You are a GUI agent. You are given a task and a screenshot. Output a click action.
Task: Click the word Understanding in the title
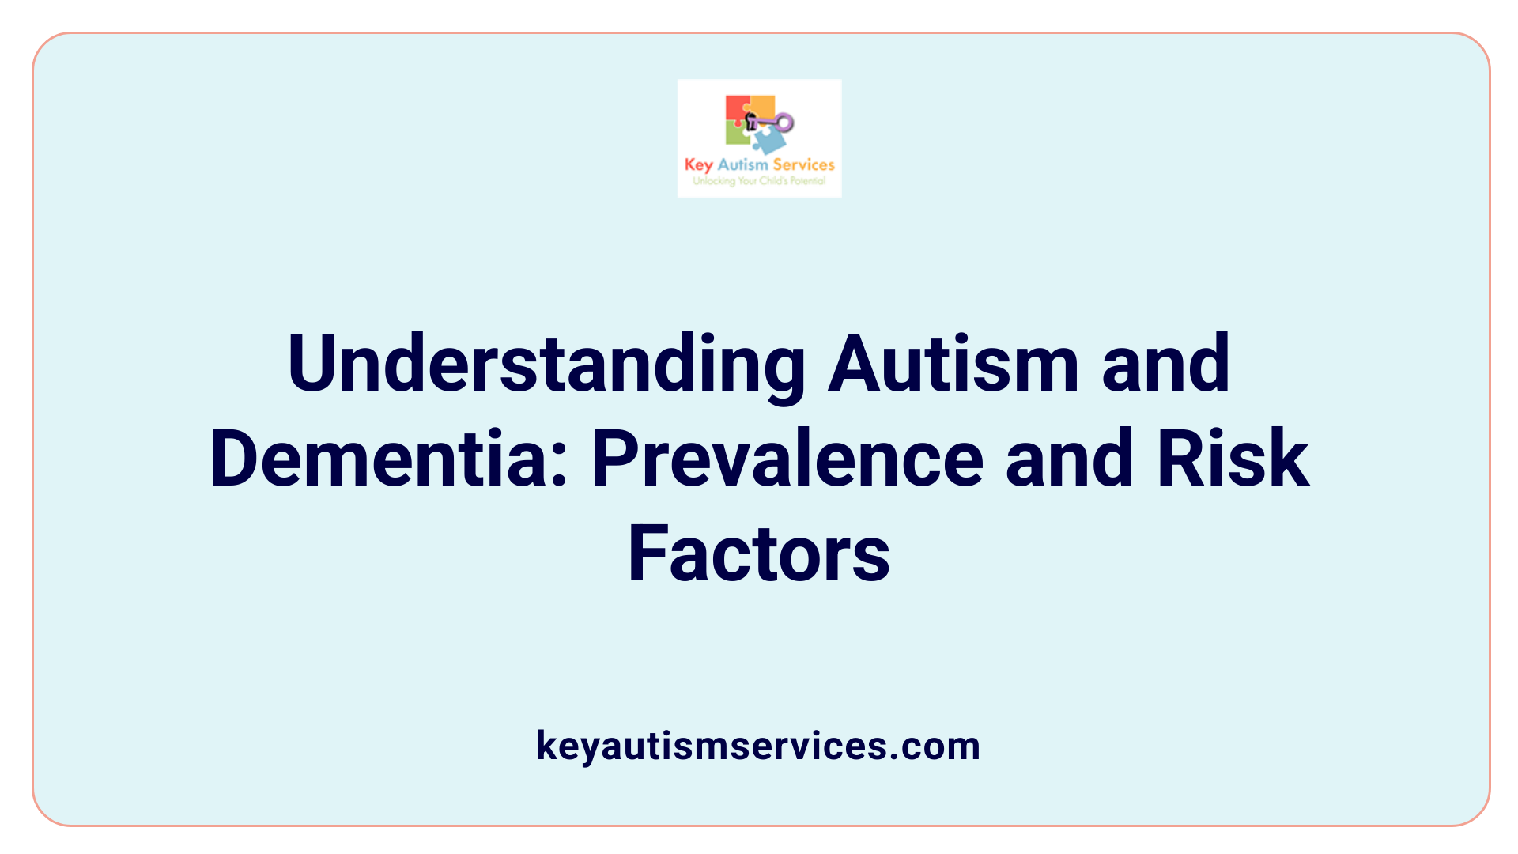point(546,365)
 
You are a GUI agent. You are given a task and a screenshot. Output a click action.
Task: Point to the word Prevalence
point(787,459)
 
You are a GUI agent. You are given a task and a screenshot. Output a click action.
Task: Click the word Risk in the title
point(1233,459)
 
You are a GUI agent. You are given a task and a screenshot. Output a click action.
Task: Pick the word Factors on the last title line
point(759,555)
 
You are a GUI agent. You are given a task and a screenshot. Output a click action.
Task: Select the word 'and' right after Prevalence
point(1070,459)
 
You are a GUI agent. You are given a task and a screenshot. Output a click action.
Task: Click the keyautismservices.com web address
point(758,746)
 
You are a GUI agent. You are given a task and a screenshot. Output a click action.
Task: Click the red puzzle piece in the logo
point(737,109)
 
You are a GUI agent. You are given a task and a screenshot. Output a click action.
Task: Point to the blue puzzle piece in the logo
point(768,141)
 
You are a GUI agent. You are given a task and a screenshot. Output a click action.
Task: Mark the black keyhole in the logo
point(751,122)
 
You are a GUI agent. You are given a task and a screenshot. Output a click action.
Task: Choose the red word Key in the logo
point(699,165)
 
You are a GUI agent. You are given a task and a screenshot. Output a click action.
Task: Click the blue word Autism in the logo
point(742,164)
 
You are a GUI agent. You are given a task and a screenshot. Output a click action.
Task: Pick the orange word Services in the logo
point(803,164)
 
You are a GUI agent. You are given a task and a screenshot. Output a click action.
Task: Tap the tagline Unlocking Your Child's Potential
point(759,181)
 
